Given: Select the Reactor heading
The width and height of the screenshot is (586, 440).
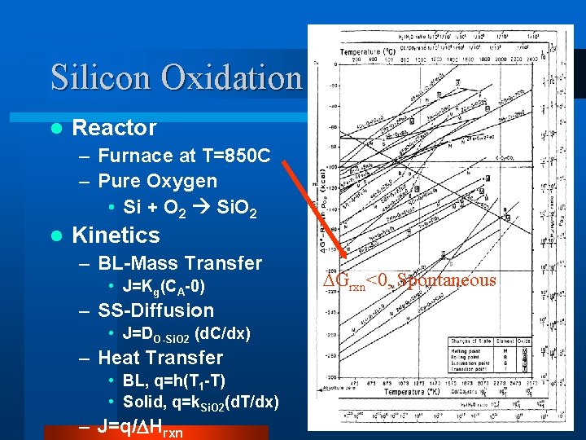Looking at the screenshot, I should point(114,128).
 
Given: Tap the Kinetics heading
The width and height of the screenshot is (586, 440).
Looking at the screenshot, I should point(116,235).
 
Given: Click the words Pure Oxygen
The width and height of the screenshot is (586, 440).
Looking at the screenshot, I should point(157,180).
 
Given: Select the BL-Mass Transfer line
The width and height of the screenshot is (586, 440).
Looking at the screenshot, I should point(180,263).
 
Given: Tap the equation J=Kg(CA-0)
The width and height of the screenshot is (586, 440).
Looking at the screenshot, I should point(164,287).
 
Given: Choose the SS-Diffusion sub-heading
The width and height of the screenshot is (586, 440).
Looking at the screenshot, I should point(155,310).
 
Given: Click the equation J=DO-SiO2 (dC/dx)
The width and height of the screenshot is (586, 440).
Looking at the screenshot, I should point(186,334).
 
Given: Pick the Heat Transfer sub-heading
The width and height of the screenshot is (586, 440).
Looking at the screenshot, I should point(160,358).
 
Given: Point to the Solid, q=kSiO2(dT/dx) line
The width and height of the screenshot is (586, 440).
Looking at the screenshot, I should point(200,403).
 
